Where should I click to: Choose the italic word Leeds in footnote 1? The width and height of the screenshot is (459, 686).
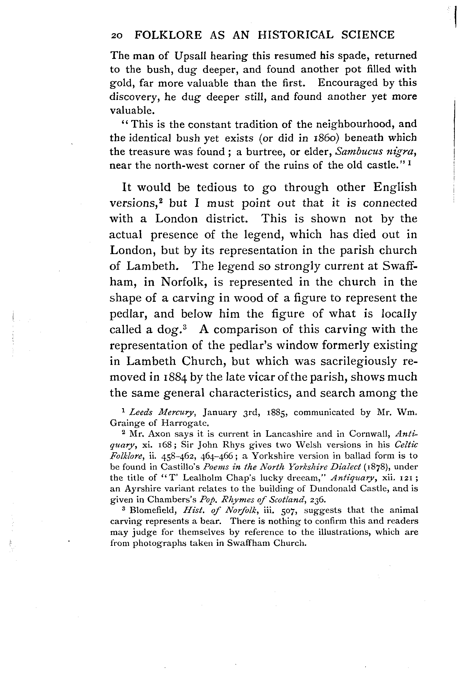141,412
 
